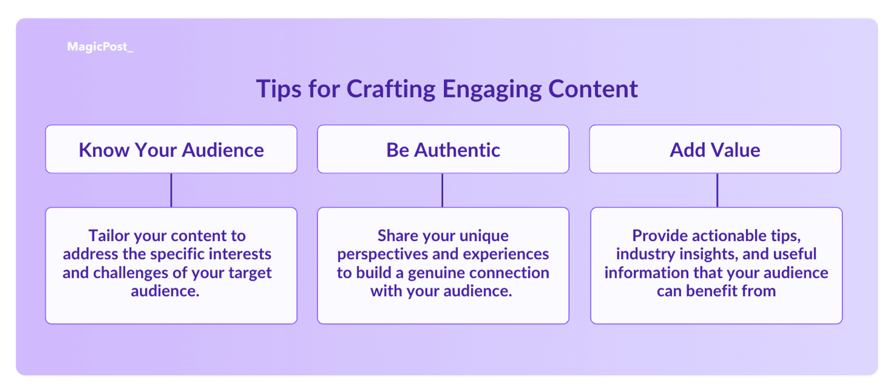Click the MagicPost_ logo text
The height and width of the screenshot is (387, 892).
point(100,47)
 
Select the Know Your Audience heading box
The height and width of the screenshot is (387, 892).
point(171,149)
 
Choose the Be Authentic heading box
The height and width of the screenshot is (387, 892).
point(443,149)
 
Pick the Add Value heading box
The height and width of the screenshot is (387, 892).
point(715,149)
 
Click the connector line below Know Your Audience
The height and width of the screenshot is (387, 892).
point(171,190)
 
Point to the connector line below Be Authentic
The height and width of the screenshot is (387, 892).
point(442,190)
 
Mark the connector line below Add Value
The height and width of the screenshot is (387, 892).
point(717,190)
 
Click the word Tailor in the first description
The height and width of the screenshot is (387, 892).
point(109,236)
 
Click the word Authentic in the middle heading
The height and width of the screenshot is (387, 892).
point(457,150)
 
